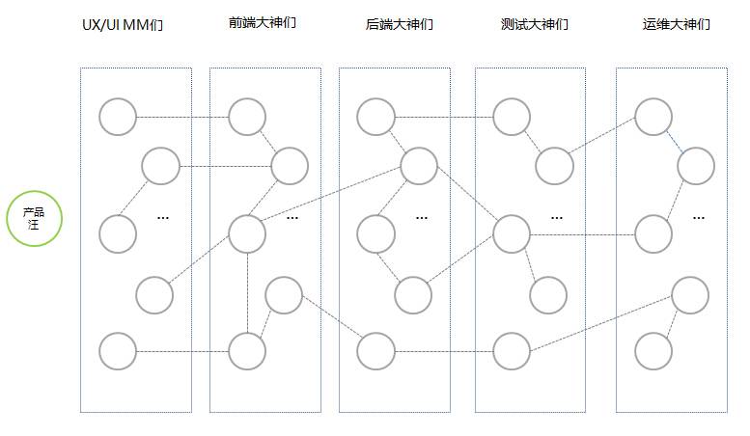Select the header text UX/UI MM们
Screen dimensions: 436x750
tap(123, 24)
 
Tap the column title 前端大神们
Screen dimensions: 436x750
tap(256, 22)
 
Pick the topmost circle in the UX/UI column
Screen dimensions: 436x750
tap(118, 117)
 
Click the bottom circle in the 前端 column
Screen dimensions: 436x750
tap(247, 351)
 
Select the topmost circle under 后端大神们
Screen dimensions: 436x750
tap(375, 117)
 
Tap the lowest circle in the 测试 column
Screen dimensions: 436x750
tap(512, 351)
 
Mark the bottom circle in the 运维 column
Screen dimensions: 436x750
tap(653, 351)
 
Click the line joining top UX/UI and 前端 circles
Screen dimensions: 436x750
tap(182, 117)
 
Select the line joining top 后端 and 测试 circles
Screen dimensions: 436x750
tap(444, 117)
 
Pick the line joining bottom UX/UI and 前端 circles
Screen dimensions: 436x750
tap(182, 351)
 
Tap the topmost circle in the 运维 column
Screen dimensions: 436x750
tap(653, 117)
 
